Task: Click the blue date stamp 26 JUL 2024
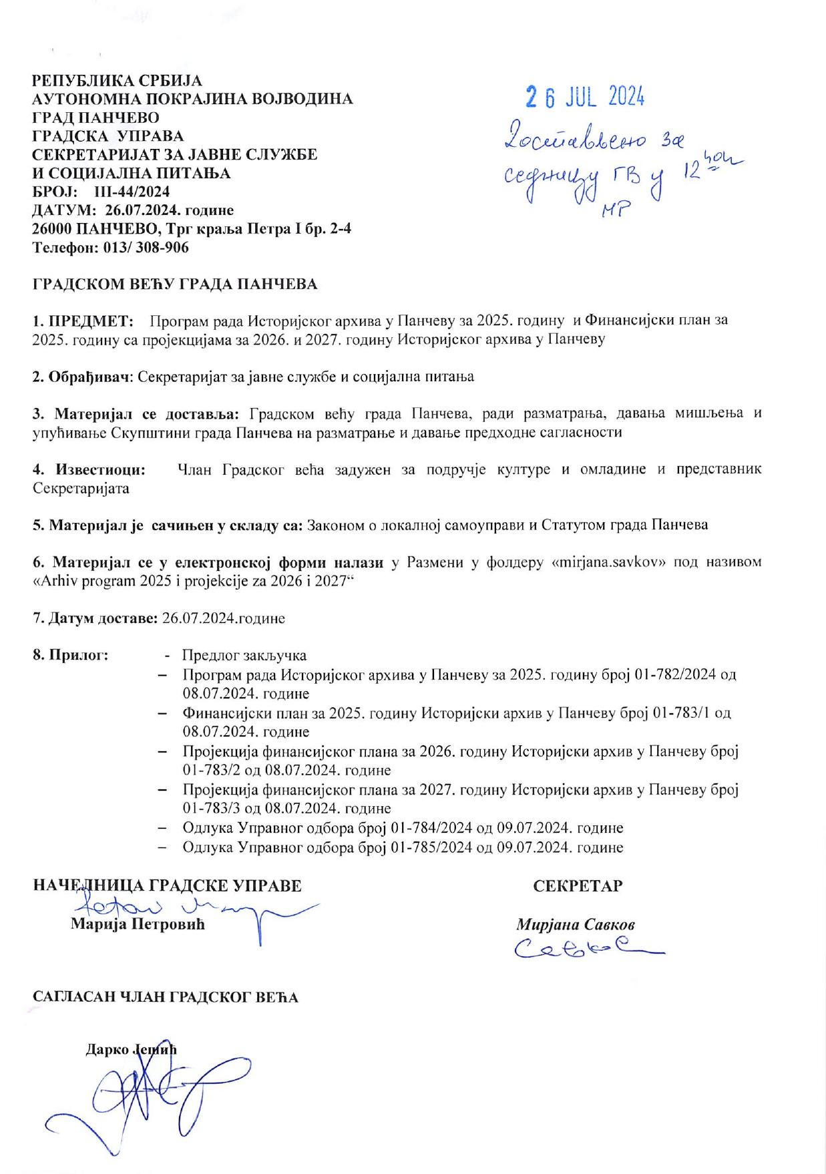coord(584,97)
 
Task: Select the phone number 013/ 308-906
coord(144,248)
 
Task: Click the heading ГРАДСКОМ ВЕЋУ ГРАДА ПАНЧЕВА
coord(175,284)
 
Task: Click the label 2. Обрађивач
coord(83,377)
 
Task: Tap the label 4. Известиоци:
coord(89,469)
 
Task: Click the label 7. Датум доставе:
coord(95,618)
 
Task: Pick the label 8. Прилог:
coord(71,655)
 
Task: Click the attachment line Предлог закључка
coord(244,655)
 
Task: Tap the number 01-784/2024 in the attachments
coord(425,828)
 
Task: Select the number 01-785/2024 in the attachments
coord(425,847)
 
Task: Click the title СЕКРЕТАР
coord(578,886)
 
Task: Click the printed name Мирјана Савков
coord(575,925)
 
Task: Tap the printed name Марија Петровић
coord(138,925)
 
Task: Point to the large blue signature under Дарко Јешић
coord(134,1095)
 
